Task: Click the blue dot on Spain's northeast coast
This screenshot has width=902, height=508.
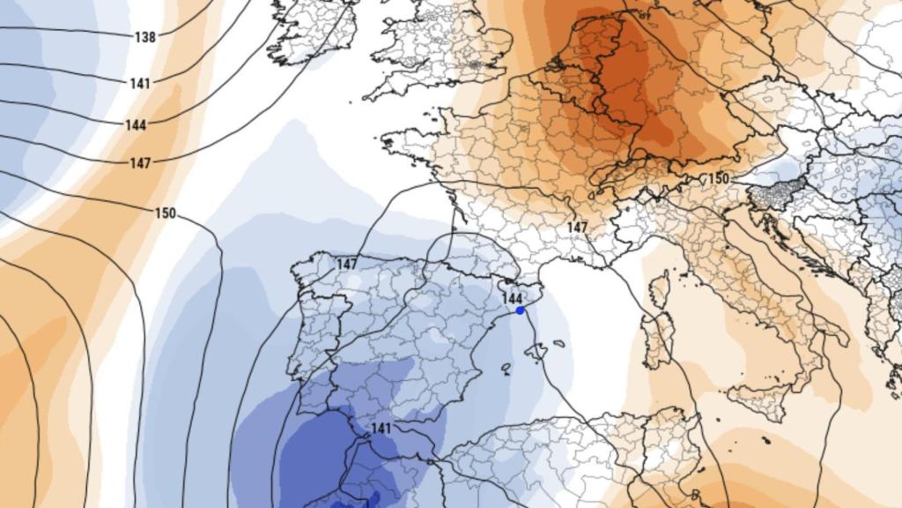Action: pos(521,310)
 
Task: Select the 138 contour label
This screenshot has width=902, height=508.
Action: pos(145,37)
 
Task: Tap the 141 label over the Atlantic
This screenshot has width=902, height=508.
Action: pos(139,83)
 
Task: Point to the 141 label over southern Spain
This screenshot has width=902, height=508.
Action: pos(381,428)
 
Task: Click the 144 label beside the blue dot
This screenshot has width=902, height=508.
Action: pos(512,298)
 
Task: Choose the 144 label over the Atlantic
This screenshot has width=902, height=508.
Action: pos(136,125)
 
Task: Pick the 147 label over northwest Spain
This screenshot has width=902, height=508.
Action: pos(347,264)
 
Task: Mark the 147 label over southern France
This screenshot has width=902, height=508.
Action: pos(577,227)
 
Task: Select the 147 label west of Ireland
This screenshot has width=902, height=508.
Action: pos(139,163)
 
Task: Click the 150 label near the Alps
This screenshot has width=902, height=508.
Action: pos(719,179)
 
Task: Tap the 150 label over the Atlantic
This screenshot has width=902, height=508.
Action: pos(165,213)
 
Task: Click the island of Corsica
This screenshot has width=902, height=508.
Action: pos(660,291)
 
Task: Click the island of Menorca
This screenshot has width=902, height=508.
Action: pos(558,343)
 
